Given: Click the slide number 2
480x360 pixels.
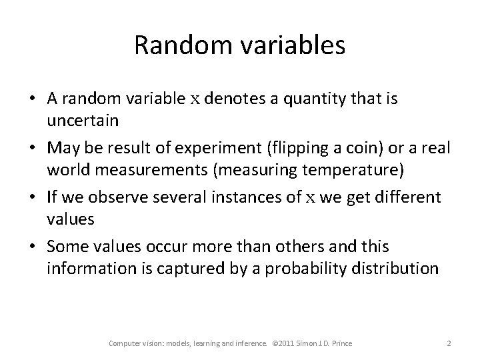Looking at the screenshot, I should click(449, 343).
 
